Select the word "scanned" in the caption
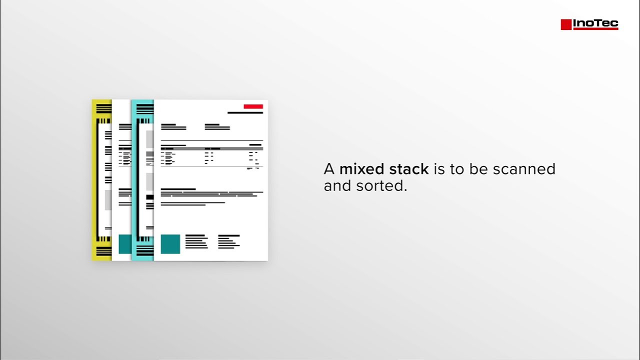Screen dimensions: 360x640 524,169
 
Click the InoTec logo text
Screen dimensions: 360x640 595,23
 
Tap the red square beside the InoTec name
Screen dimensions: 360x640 566,24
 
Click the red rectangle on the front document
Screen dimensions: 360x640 253,106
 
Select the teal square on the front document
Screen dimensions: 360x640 170,244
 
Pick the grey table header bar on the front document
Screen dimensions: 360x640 211,148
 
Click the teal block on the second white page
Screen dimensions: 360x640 124,244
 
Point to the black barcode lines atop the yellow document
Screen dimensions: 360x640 103,108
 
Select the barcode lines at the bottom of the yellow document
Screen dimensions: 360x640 103,252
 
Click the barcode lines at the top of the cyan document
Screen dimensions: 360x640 144,108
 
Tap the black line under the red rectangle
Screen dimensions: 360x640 245,113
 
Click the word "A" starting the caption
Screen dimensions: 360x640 329,169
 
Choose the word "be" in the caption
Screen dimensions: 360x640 478,169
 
